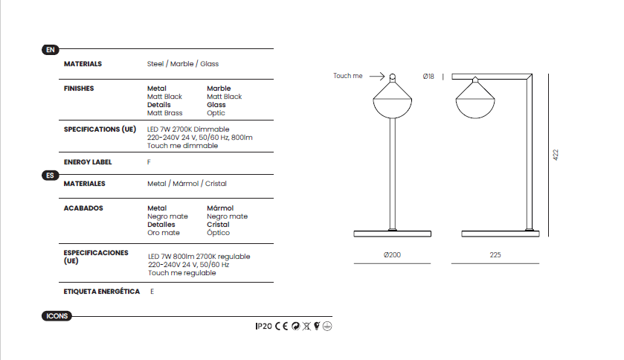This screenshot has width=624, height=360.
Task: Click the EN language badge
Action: pos(50,50)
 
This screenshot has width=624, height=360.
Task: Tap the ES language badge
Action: pos(50,176)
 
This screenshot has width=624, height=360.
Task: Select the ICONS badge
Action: pos(57,316)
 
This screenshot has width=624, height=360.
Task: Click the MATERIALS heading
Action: pos(83,64)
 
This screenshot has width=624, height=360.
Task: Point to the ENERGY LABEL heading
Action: pos(88,162)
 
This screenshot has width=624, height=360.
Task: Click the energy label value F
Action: pos(149,162)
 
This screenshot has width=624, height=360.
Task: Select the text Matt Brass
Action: pos(165,113)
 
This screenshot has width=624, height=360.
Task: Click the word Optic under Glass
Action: pos(216,113)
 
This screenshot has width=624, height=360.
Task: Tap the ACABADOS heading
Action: pos(83,208)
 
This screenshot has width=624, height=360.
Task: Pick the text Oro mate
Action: pos(164,233)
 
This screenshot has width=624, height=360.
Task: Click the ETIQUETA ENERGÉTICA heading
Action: pos(101,291)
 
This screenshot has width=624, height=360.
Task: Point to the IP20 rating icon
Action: pos(263,327)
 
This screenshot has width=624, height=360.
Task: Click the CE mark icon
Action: pos(282,327)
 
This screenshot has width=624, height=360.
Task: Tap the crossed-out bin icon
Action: pos(306,327)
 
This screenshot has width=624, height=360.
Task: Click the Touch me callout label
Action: pos(348,76)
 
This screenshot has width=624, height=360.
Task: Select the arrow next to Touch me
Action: pos(377,76)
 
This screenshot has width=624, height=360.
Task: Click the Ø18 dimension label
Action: pos(428,77)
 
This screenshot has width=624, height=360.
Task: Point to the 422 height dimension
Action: pos(556,155)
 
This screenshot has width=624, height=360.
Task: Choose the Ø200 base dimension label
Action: pos(392,254)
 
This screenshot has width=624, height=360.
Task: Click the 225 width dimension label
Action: pos(495,254)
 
